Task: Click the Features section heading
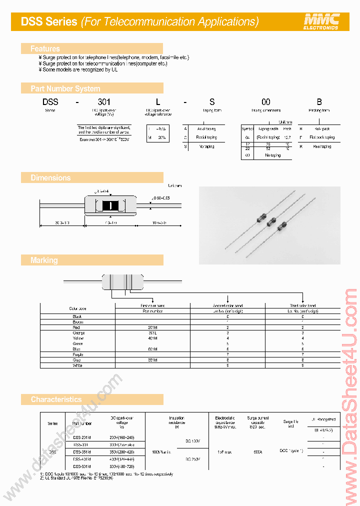(x=45, y=48)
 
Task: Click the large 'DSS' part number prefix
(x=50, y=102)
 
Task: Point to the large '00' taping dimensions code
(x=266, y=102)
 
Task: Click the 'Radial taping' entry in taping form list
(x=206, y=137)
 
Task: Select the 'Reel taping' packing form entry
(x=322, y=146)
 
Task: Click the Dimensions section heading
(x=50, y=177)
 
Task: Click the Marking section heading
(x=44, y=260)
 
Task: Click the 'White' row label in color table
(x=77, y=365)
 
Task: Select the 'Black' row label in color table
(x=77, y=316)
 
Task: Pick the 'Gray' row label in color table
(x=77, y=360)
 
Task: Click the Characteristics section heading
(x=56, y=399)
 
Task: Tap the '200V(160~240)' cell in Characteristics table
(x=121, y=437)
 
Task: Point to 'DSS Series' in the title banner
(x=49, y=21)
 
